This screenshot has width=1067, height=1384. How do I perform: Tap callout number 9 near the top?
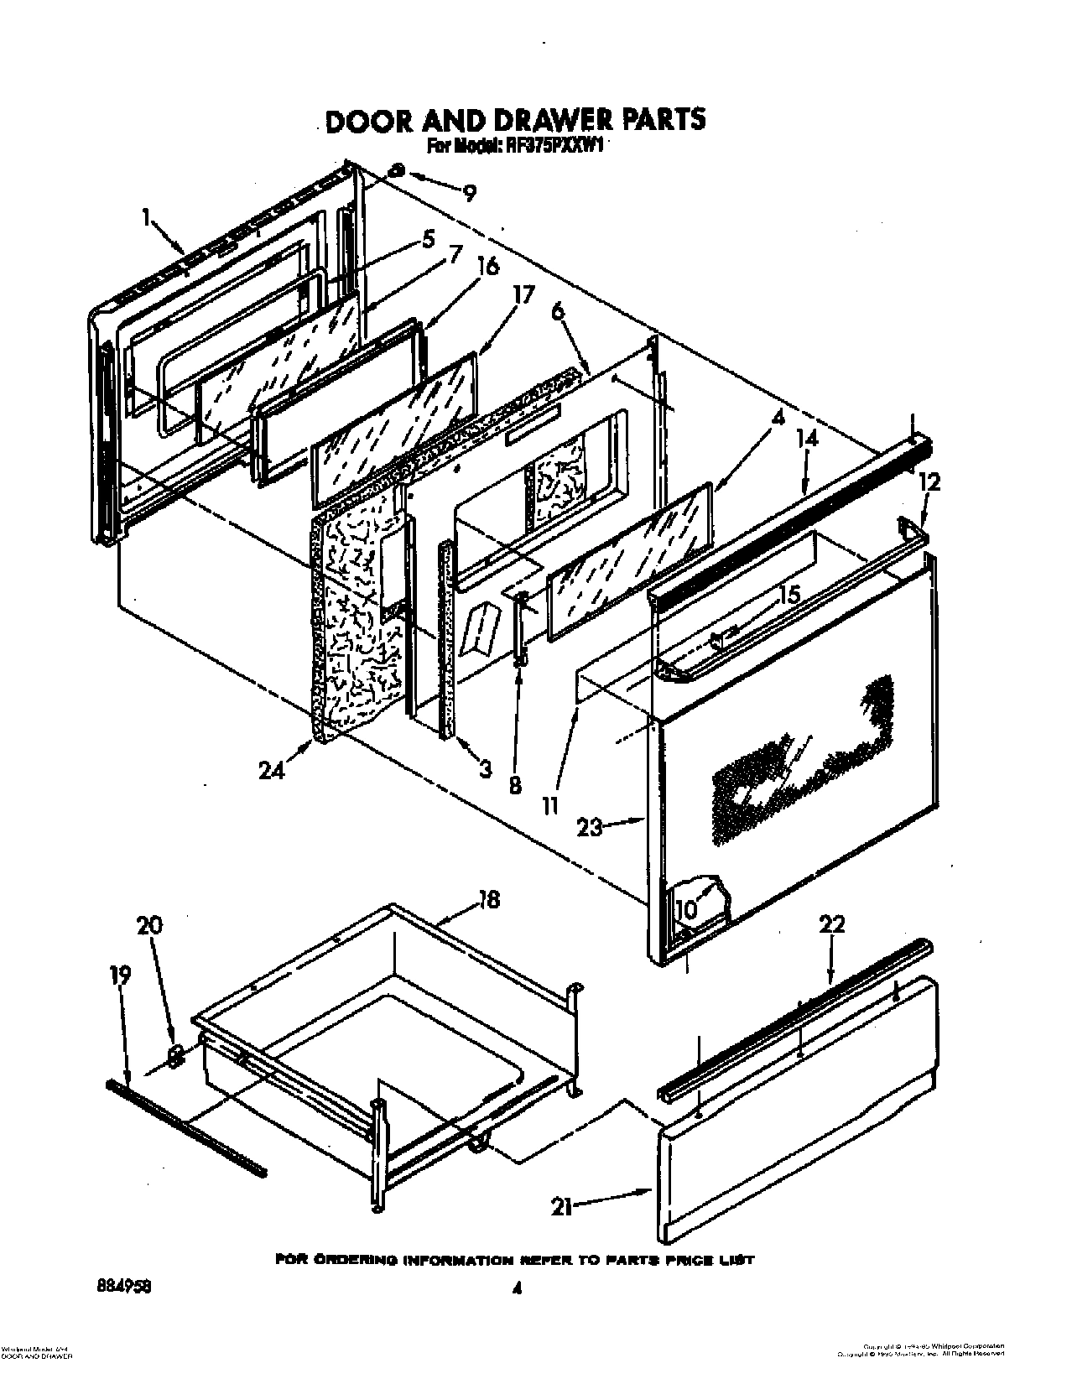470,194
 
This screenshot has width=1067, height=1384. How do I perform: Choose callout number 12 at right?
929,482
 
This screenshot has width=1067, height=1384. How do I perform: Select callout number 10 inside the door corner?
686,909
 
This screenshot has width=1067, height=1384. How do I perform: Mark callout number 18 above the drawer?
488,900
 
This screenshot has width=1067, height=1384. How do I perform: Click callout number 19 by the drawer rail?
120,975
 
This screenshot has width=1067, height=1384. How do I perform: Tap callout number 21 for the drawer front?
561,1208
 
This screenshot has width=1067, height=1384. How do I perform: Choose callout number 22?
832,924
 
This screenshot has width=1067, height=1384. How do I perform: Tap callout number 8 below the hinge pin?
514,784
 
